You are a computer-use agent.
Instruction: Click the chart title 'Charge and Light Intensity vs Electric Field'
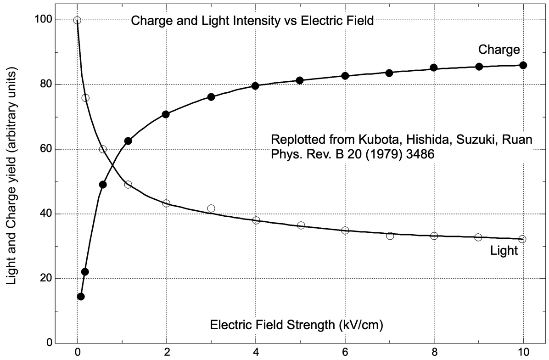(252, 21)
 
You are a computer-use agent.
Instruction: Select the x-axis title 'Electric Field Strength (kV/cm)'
(297, 325)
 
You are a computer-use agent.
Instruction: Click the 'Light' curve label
(504, 250)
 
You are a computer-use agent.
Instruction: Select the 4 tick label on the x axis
(256, 353)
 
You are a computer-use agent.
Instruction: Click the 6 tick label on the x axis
(345, 353)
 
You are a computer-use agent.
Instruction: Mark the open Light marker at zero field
(77, 20)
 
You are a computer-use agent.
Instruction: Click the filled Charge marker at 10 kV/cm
(523, 65)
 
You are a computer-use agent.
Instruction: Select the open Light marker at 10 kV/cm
(522, 239)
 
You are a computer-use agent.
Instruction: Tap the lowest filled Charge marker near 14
(81, 297)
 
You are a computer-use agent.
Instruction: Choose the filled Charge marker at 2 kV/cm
(166, 114)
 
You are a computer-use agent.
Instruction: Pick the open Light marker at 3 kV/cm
(211, 208)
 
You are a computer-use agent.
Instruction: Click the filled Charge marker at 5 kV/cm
(300, 80)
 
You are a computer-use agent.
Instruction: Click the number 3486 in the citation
(419, 156)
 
